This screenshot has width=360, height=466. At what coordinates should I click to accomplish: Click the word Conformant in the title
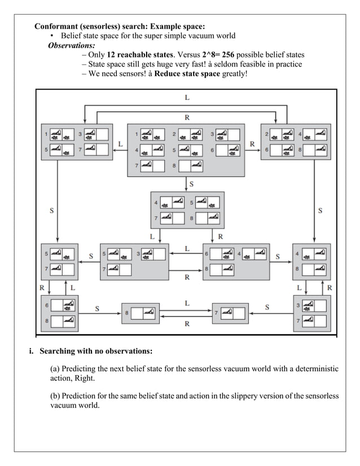point(60,27)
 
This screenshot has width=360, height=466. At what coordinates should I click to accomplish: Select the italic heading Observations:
point(72,45)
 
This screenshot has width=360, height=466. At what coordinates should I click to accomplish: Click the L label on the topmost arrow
point(187,98)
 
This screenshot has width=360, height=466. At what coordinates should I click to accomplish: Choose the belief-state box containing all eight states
point(186,150)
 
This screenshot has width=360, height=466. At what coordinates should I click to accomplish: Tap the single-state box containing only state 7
point(231,312)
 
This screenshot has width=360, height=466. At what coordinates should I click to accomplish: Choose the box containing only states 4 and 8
point(311,261)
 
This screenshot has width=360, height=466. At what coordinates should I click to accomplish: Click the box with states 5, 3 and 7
point(134,261)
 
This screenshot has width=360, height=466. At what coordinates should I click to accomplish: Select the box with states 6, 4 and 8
point(236,261)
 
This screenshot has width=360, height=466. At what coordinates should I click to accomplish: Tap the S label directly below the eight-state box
point(191,184)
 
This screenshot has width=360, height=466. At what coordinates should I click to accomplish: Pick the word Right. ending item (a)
point(84,378)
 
